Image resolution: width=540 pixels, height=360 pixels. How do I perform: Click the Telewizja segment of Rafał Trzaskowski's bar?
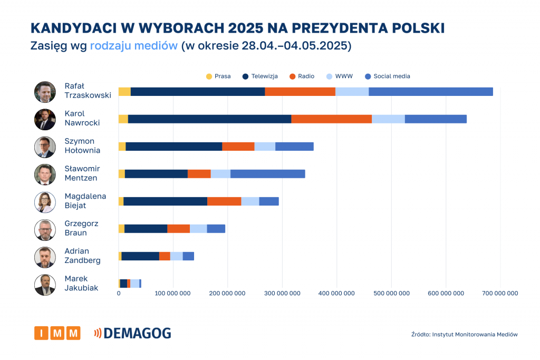pos(198,92)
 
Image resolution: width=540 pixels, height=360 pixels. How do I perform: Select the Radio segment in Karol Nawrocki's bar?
pos(331,119)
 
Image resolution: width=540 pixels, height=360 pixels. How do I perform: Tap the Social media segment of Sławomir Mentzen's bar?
pos(267,174)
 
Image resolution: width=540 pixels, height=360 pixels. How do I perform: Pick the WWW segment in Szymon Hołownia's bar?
pos(265,147)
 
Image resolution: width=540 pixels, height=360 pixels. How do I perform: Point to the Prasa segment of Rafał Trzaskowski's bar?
pos(124,92)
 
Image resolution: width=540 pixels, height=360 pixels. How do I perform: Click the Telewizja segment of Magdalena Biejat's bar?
pos(165,201)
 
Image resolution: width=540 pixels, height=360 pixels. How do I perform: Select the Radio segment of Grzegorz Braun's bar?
pos(178,229)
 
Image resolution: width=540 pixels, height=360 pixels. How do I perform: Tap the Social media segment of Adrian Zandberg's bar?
pos(188,256)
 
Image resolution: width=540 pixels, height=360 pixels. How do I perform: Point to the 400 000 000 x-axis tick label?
pos(336,294)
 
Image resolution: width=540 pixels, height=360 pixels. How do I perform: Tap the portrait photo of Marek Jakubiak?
pos(45,285)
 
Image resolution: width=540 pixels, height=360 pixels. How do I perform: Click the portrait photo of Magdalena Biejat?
pos(45,202)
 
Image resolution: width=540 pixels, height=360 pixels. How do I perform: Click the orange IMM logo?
pos(57,333)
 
